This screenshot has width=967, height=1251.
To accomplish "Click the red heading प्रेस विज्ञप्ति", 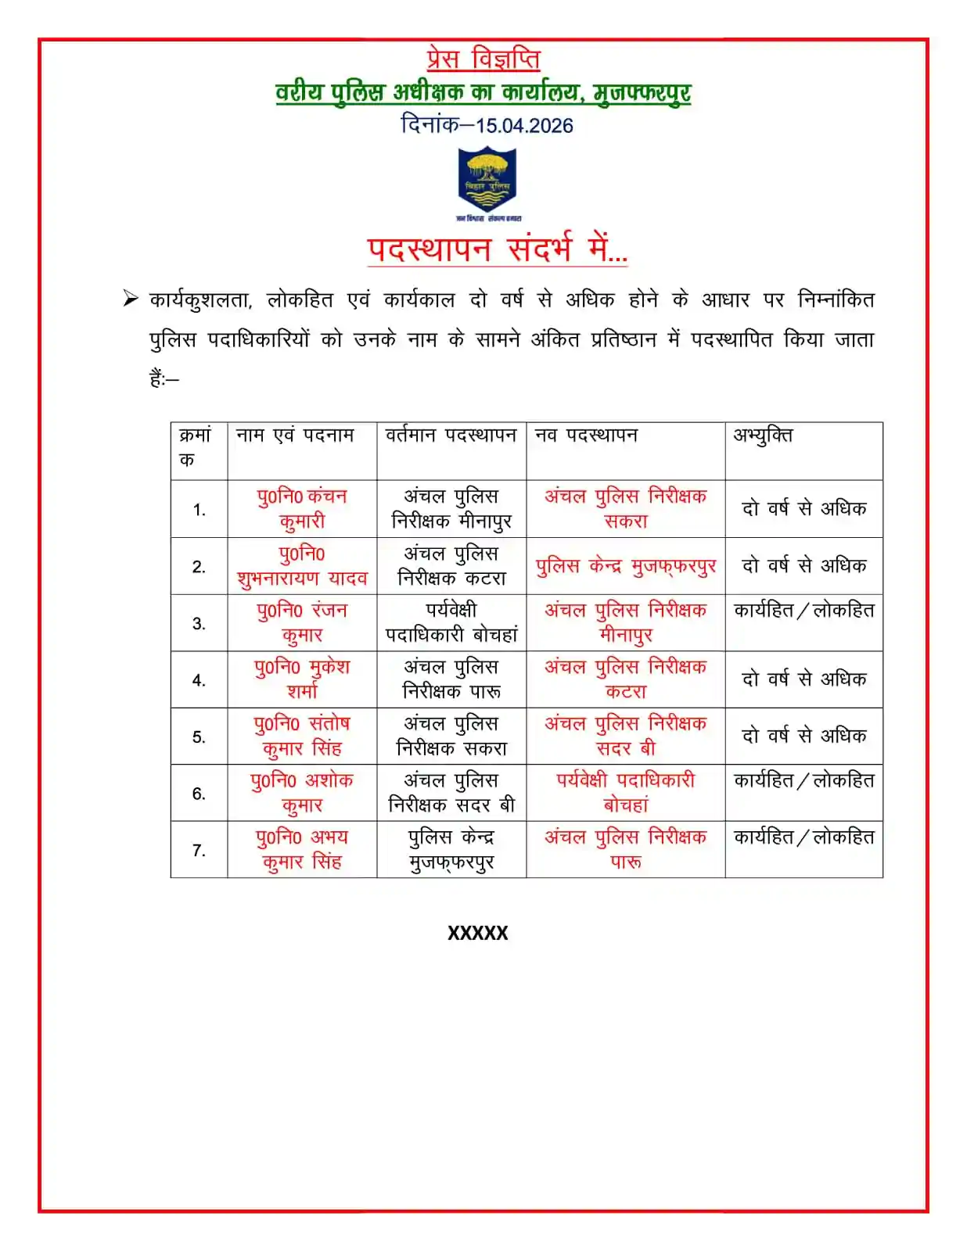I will [483, 59].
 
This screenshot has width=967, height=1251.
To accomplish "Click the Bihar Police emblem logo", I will [487, 183].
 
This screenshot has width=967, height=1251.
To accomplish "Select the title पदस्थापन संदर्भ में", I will [498, 249].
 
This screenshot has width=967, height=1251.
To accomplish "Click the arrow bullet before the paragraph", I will [131, 299].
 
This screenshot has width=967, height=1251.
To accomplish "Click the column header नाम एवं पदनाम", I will [295, 436].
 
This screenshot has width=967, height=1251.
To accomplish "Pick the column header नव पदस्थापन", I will [586, 436].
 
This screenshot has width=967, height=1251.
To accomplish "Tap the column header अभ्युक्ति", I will [763, 436].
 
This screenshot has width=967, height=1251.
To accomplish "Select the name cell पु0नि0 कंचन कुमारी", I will [302, 508].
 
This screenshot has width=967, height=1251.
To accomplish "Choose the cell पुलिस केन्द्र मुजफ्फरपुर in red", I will [626, 566].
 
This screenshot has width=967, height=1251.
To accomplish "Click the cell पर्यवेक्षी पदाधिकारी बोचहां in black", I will [451, 622].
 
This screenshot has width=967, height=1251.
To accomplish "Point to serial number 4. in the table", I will [199, 680].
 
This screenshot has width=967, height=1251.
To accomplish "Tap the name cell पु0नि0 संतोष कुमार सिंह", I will [302, 736].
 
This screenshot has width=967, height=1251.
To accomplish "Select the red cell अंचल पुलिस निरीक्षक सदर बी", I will [626, 736].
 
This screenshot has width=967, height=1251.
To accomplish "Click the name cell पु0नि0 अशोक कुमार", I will [302, 792].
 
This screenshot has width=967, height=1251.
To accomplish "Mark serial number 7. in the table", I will [199, 850].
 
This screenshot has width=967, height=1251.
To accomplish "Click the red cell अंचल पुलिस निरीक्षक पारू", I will [626, 849].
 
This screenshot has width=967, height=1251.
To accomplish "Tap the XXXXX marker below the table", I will [478, 933].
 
